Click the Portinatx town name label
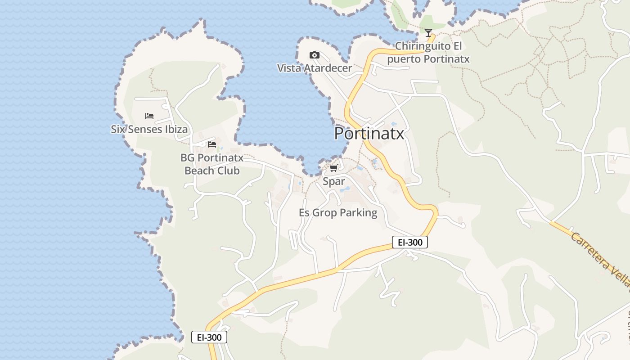click(369, 134)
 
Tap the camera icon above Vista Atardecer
click(315, 55)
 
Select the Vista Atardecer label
click(314, 68)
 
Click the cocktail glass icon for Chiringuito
click(428, 33)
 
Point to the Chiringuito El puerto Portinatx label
click(428, 52)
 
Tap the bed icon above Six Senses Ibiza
click(149, 116)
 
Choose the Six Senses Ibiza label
click(149, 129)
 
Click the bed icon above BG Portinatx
click(212, 144)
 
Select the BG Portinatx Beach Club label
click(212, 164)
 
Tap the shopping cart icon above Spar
click(333, 168)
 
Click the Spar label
click(334, 181)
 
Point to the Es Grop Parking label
click(338, 212)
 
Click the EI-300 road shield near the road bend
click(409, 242)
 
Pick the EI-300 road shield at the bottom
click(209, 337)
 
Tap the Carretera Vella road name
click(601, 259)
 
